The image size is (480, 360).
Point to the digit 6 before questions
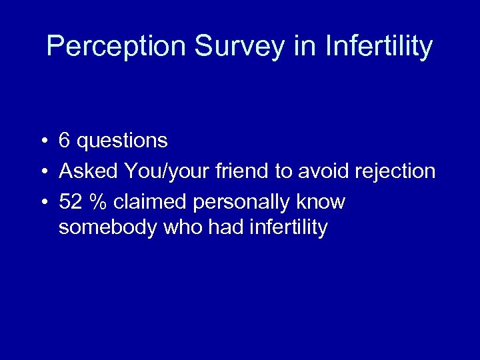tap(65, 141)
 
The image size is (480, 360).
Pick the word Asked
tap(89, 171)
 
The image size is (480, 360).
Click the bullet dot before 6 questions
tap(42, 141)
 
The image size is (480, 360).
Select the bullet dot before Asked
tap(42, 172)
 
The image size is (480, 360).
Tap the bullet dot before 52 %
tap(42, 202)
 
